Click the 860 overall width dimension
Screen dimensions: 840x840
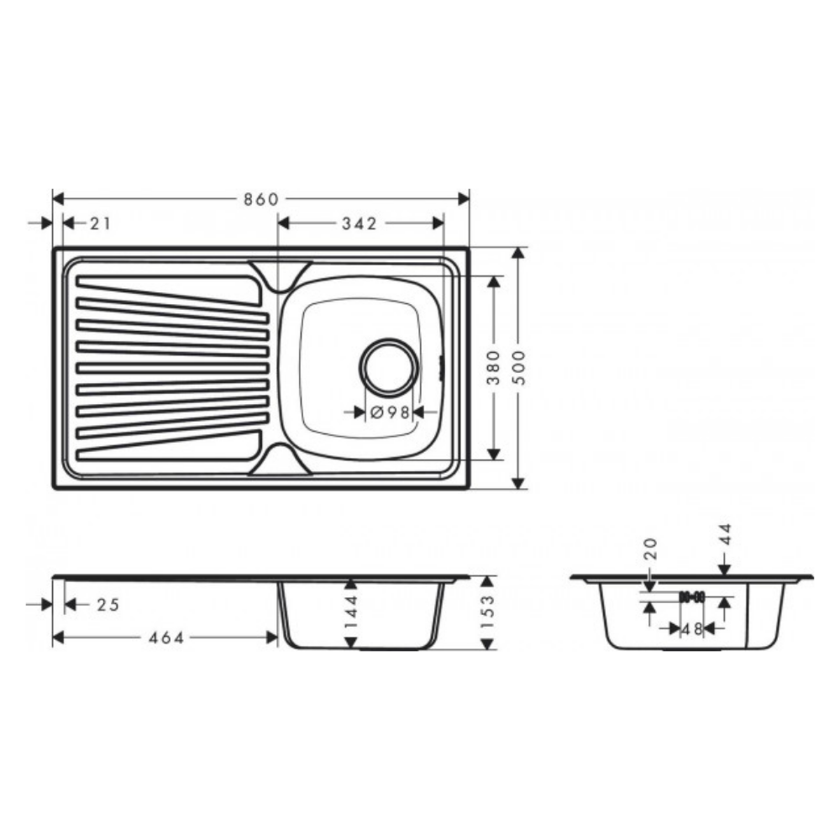point(261,199)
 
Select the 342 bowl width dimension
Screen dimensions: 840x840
point(360,223)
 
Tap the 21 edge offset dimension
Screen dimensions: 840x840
point(100,223)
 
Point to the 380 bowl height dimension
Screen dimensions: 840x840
point(493,368)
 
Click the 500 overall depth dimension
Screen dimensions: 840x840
point(518,368)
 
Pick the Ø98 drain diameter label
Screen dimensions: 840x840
point(390,412)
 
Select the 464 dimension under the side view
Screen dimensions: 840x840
point(166,638)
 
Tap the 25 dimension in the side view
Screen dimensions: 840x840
point(108,605)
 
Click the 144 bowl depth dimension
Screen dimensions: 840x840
point(351,612)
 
